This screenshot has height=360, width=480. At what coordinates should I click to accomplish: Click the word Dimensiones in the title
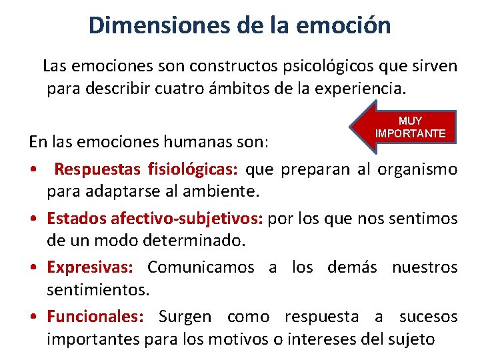160,25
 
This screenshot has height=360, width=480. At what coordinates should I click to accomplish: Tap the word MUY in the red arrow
410,121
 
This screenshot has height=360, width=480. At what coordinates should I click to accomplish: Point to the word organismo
417,169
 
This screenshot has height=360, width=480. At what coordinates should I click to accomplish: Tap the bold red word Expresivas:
90,267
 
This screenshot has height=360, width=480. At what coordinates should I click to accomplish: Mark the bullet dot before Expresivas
33,268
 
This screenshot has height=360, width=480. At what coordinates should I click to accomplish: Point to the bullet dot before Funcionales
33,317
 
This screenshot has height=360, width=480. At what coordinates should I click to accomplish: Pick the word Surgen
185,317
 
